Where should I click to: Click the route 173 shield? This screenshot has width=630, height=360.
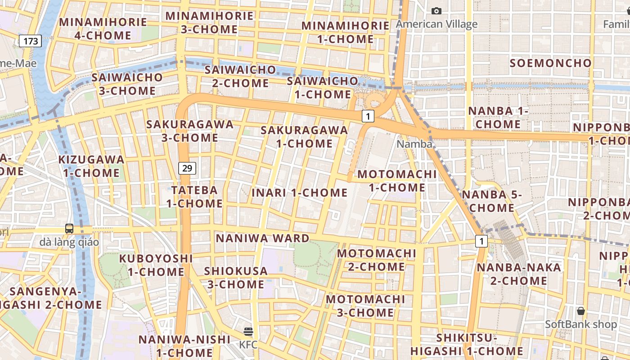pos(31,41)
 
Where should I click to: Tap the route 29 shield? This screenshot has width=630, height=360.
pos(187,168)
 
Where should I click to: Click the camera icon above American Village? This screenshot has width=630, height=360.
pos(436,11)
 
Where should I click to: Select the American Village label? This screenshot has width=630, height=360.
pos(436,24)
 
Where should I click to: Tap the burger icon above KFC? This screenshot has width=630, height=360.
pos(248,332)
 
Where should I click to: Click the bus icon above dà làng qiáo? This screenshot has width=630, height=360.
pos(69,228)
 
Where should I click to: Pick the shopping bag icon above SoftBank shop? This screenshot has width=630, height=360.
pos(581,310)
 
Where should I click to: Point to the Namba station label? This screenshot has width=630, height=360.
pos(414,144)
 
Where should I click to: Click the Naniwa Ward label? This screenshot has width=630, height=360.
pos(263,238)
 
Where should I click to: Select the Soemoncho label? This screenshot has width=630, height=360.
pos(550,63)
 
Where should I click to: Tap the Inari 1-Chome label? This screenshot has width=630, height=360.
pos(299,193)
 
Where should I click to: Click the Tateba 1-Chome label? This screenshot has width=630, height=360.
pos(194,197)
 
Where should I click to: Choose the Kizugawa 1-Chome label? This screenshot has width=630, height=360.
pos(91,166)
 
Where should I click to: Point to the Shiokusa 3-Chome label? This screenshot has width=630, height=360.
pos(236,278)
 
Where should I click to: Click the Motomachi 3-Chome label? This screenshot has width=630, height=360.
pos(365,306)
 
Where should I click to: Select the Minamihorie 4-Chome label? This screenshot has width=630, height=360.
pos(103,28)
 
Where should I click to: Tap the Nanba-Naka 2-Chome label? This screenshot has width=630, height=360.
pos(519,274)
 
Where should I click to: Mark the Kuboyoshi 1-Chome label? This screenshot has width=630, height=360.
pos(156,265)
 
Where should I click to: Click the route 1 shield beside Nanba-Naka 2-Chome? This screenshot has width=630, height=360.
pos(481,241)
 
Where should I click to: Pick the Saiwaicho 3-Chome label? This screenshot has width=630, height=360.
pos(127,84)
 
